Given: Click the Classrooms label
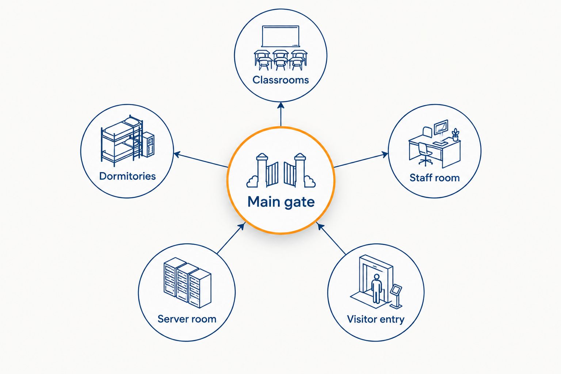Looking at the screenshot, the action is (280, 80).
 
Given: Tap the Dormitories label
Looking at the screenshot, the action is (127, 176).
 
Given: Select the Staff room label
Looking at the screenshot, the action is (435, 178).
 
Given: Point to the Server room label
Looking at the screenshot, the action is (187, 319).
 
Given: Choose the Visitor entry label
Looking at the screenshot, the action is (376, 319).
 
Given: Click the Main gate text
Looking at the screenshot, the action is (281, 202).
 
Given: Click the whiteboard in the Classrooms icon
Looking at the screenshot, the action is (280, 36).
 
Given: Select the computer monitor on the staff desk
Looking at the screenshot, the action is (441, 128).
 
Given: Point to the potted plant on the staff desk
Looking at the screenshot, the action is (455, 135).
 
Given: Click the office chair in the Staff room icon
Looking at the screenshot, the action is (425, 154).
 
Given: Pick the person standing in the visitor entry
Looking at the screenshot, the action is (377, 288).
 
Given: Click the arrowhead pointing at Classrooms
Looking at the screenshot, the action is (281, 106).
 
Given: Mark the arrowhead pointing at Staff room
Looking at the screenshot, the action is (385, 154).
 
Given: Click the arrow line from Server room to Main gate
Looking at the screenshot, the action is (231, 238).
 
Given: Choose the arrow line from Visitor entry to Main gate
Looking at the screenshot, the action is (331, 238).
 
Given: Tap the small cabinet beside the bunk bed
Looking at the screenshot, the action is (148, 145).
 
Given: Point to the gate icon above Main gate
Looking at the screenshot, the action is (281, 170).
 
